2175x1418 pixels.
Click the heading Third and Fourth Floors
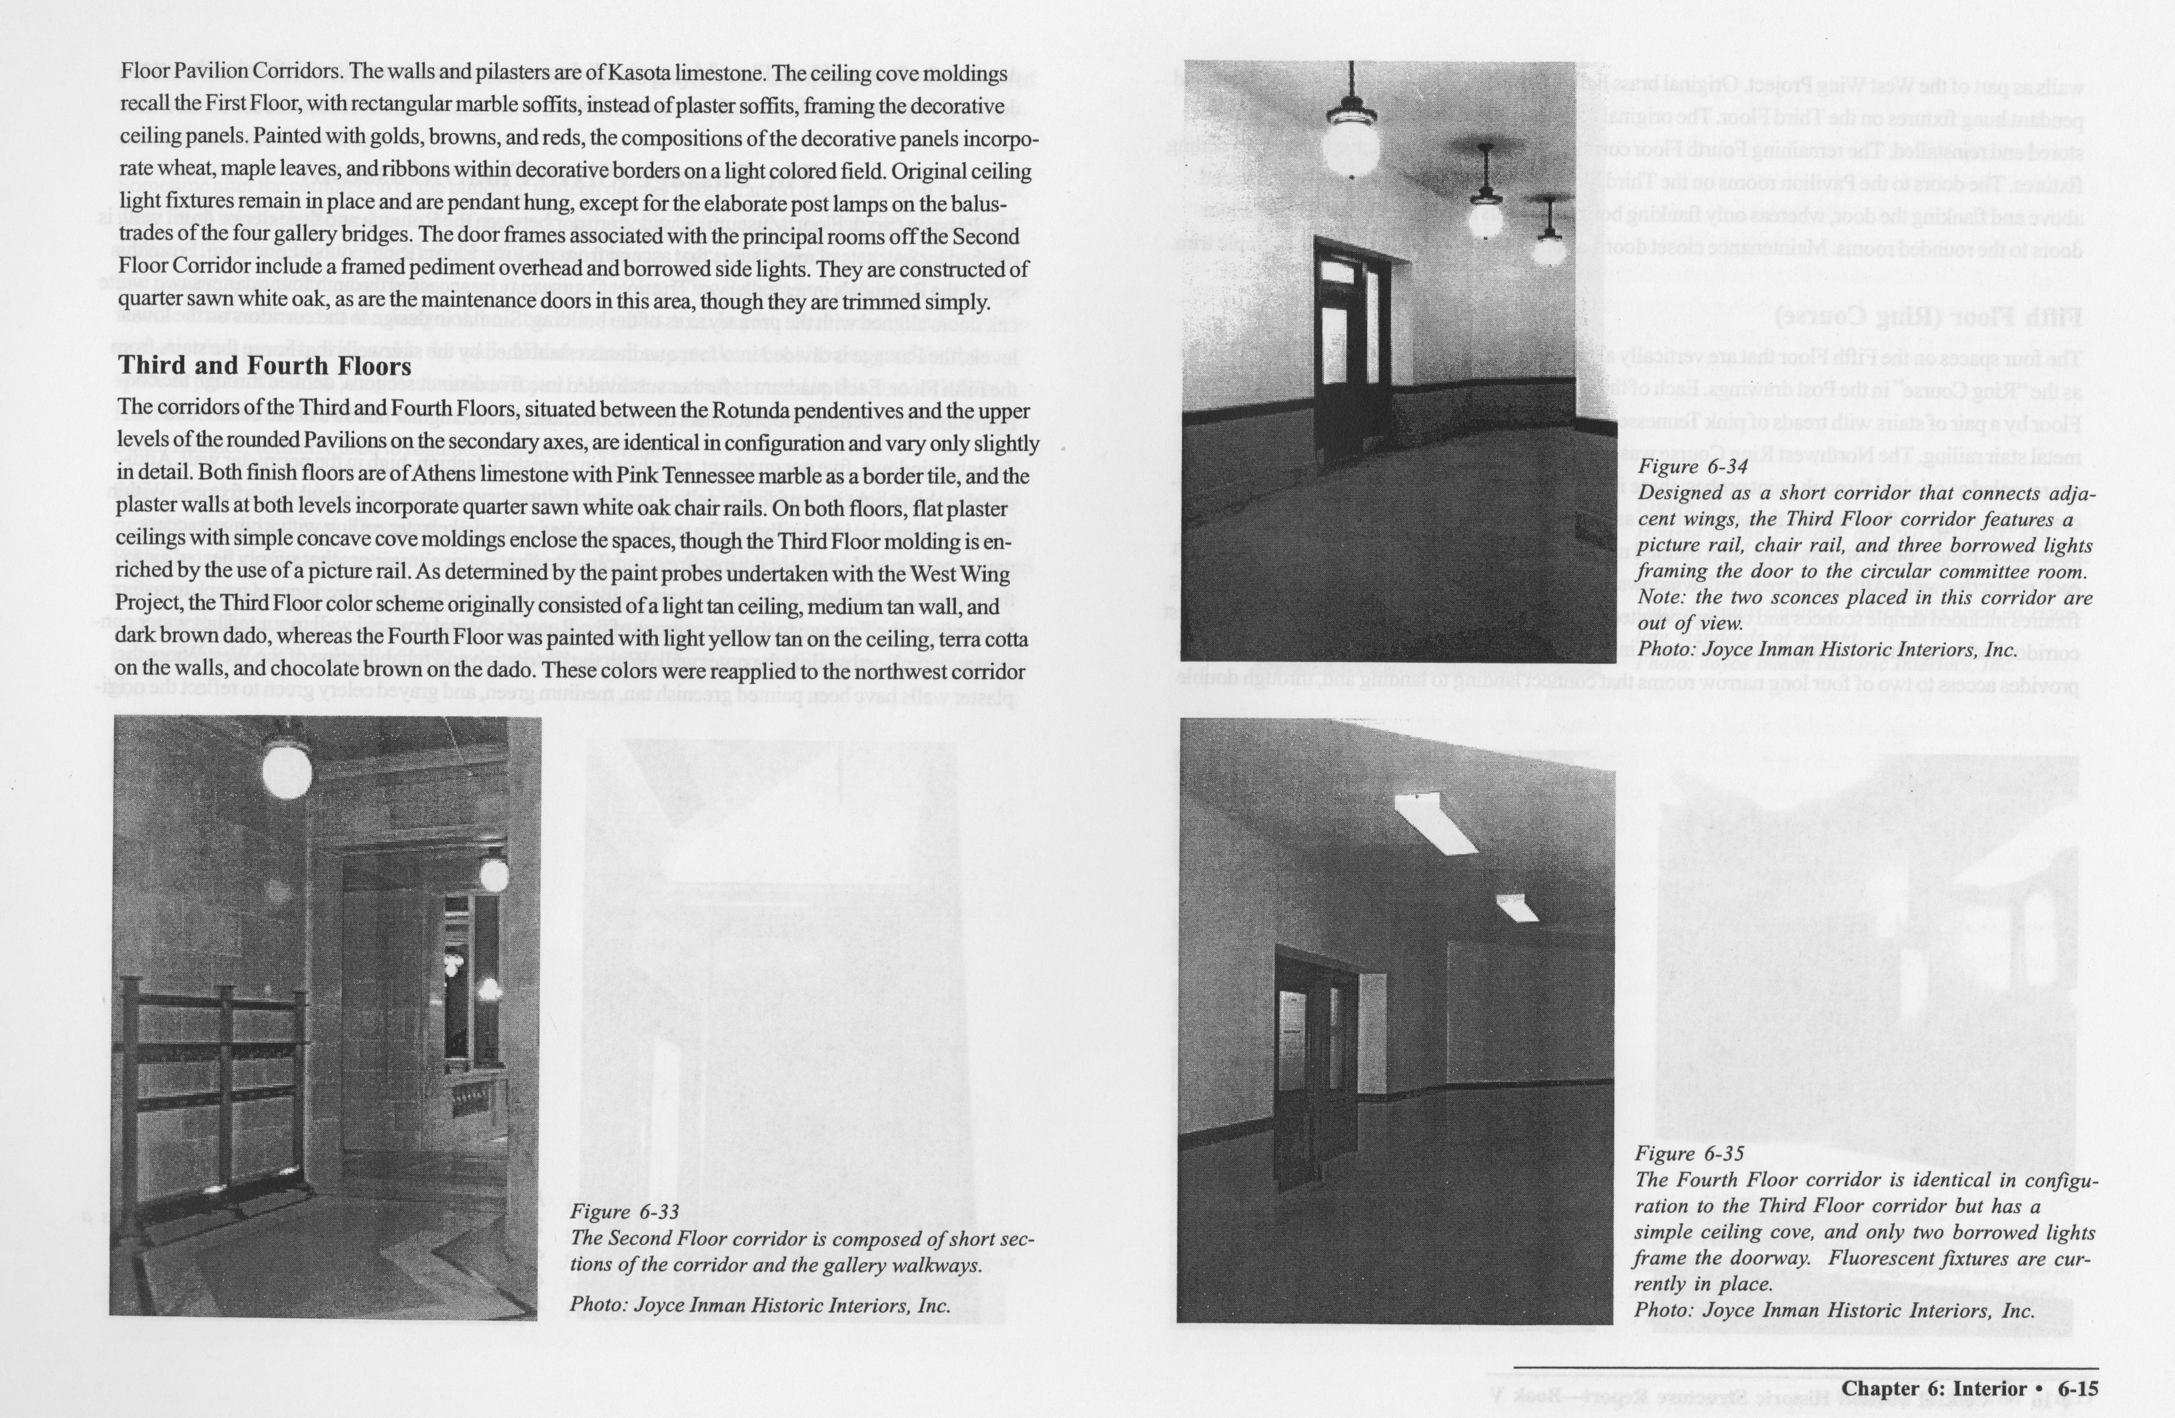pyautogui.click(x=265, y=366)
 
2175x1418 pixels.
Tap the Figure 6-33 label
pyautogui.click(x=625, y=1212)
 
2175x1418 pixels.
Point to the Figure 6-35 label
pyautogui.click(x=1689, y=1154)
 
